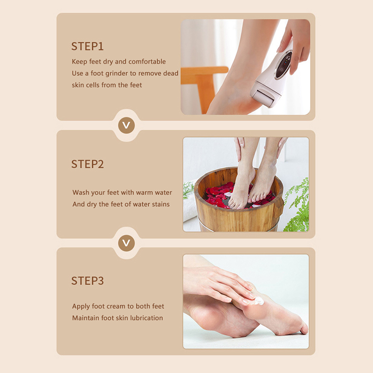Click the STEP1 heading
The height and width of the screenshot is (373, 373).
[x=87, y=46]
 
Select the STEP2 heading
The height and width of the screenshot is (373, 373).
[x=87, y=164]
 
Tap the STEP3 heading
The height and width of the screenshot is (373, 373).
[x=87, y=281]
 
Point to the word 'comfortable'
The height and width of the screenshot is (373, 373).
[x=147, y=62]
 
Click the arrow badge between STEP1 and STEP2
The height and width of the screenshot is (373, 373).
[x=126, y=125]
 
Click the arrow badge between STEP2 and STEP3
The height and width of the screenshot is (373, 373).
[x=126, y=243]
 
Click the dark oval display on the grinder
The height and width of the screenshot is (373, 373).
[x=283, y=65]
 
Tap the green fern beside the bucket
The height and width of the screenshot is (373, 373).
[x=297, y=207]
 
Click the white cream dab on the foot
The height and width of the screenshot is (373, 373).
[x=258, y=301]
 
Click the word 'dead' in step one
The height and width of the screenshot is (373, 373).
[x=171, y=73]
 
